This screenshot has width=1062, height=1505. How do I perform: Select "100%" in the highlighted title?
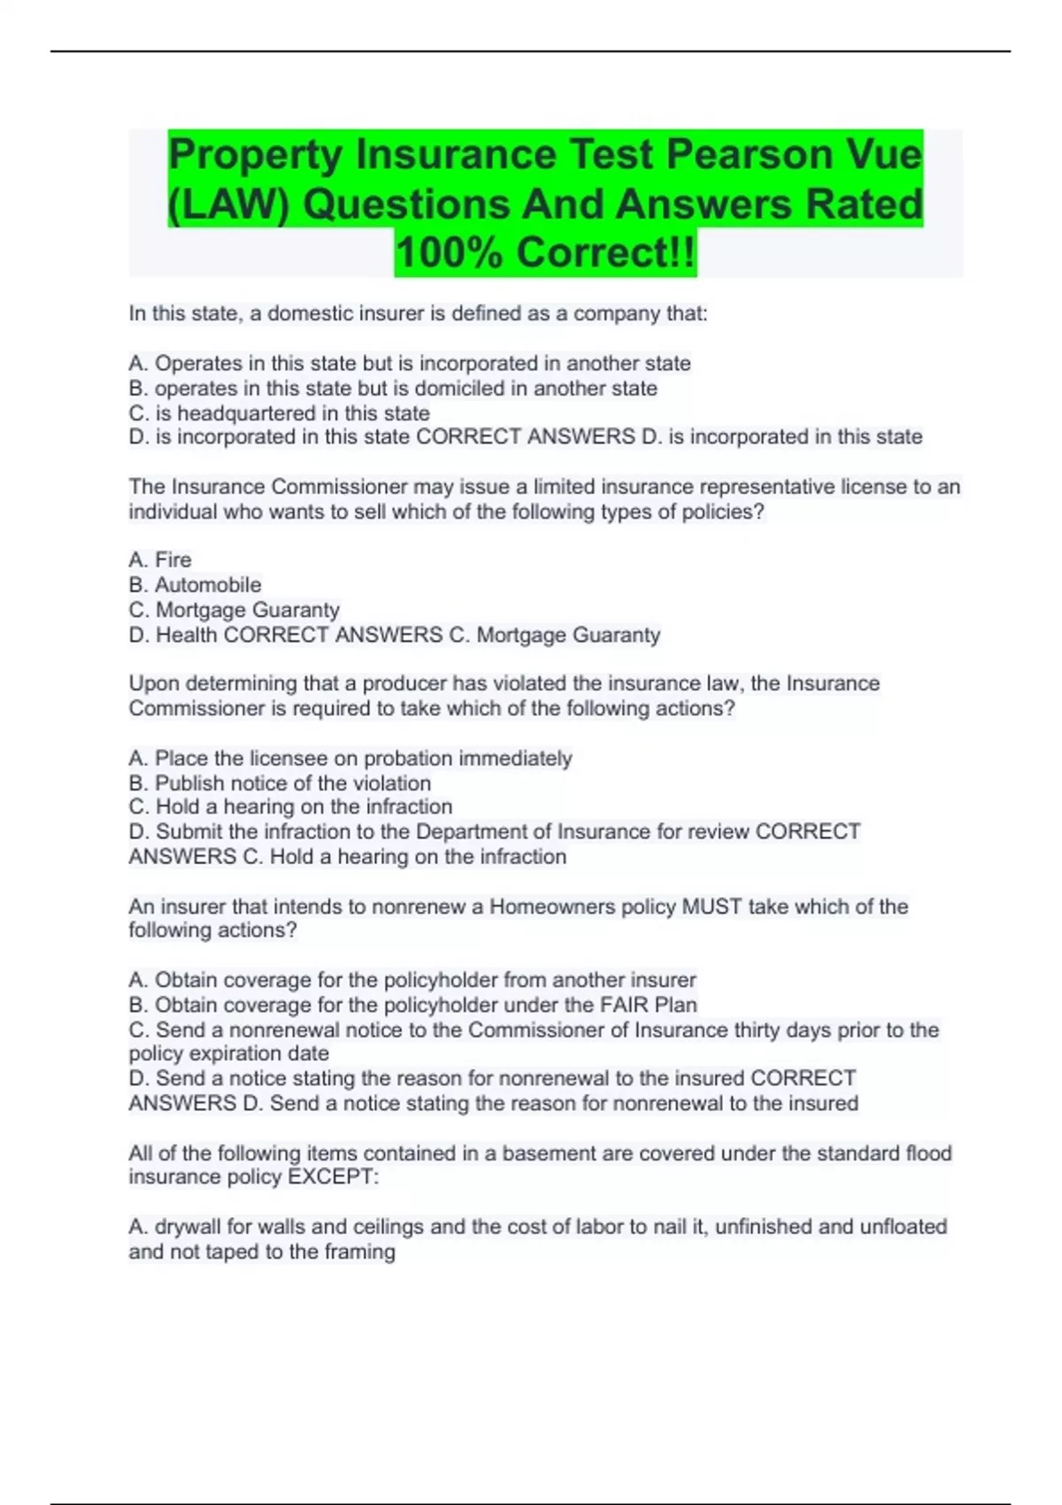(450, 252)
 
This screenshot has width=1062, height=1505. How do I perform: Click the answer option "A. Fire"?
(160, 560)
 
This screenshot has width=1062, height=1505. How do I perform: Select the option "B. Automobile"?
(195, 584)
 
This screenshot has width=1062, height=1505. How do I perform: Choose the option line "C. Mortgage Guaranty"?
(234, 610)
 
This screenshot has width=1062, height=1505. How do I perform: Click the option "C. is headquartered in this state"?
(279, 413)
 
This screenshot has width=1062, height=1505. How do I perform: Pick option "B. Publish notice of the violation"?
(280, 783)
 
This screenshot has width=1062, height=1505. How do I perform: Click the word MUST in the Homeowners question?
(712, 907)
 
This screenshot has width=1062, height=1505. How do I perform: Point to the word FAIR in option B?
(625, 1005)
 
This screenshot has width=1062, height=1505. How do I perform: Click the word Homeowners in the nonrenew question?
(552, 907)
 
